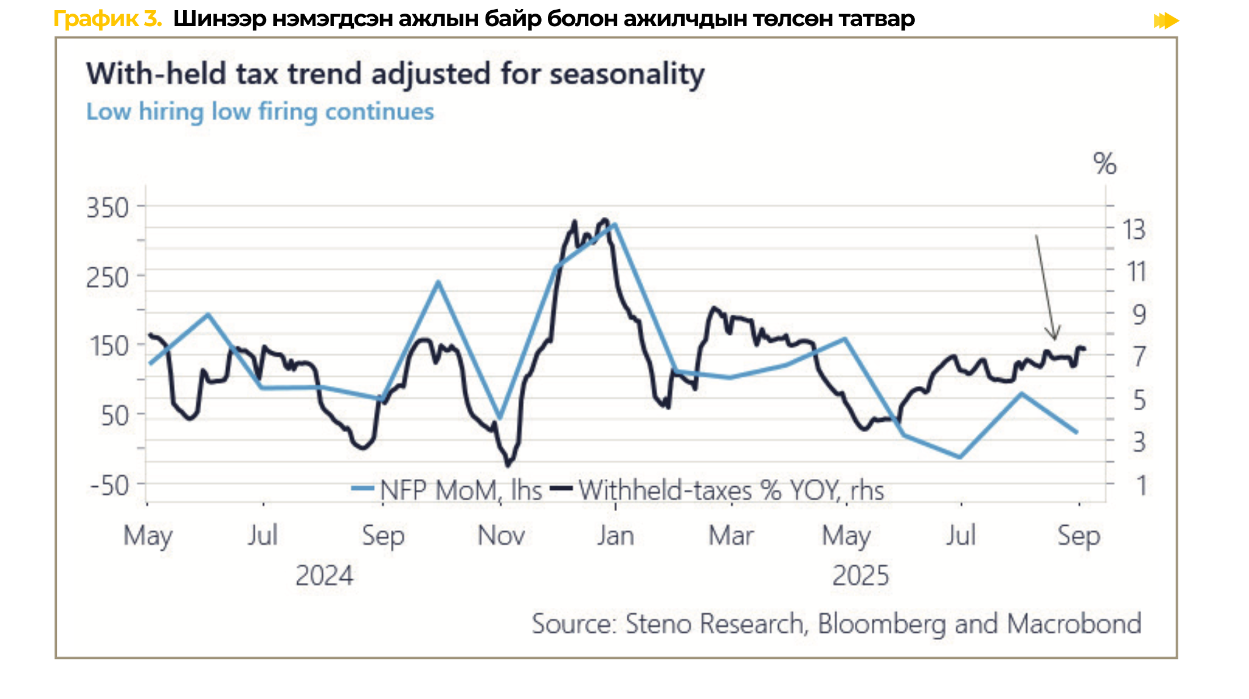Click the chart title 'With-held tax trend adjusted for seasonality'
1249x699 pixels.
point(395,74)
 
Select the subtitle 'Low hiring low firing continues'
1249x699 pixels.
point(260,112)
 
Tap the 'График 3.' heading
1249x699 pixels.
point(107,19)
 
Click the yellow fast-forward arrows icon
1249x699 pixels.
point(1166,21)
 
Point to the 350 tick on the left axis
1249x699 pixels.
point(108,208)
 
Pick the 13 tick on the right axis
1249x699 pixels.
point(1134,230)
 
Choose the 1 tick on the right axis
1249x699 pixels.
point(1141,486)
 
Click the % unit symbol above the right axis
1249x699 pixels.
point(1104,164)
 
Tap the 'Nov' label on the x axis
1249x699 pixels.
point(501,536)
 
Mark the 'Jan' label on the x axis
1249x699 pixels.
point(615,536)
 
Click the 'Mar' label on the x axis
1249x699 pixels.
point(731,536)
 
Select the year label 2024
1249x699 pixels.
point(324,576)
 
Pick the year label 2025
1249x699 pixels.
point(860,576)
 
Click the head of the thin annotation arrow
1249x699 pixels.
point(1054,338)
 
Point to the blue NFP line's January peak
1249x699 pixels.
point(614,225)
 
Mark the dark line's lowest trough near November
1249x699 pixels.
point(508,465)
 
